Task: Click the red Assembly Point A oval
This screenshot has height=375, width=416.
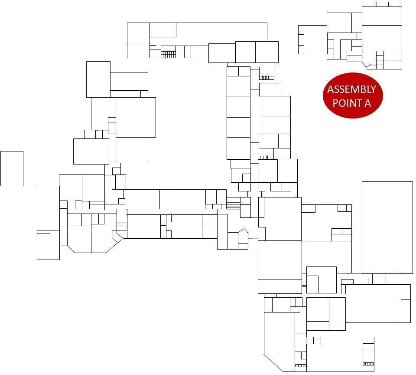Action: point(353,95)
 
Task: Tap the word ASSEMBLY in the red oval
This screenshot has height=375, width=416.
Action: point(351,90)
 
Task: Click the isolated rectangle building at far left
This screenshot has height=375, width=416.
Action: point(12,168)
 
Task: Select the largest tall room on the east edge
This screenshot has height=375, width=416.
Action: point(387,227)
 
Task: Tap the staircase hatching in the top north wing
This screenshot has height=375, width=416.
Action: point(168,54)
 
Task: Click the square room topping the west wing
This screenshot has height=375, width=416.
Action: point(98,79)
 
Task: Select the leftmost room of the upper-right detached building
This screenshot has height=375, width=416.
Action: point(313,39)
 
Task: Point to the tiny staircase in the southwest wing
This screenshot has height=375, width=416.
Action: point(122,224)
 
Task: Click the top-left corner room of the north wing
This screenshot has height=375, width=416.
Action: point(138,33)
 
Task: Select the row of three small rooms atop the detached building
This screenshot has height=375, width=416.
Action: point(382,4)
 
